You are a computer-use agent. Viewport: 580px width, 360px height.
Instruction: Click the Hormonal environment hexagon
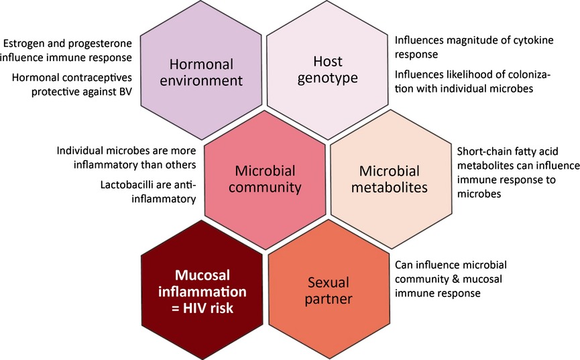click(x=201, y=70)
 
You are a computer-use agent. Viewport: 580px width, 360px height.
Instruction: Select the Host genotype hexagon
click(x=327, y=70)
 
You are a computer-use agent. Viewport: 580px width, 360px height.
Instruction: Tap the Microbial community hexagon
click(x=265, y=180)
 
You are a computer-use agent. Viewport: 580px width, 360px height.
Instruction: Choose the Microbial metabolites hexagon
click(x=391, y=180)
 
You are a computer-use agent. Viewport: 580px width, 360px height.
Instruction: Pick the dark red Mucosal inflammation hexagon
click(x=202, y=290)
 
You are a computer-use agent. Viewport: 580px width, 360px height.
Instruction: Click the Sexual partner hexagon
click(x=329, y=290)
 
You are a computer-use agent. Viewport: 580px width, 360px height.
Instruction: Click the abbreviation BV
click(x=125, y=91)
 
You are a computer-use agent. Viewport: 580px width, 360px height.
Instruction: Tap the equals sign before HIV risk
click(x=176, y=308)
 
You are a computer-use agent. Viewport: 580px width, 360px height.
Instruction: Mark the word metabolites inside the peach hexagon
click(x=390, y=187)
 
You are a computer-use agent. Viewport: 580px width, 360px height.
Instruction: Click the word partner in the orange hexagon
click(x=329, y=299)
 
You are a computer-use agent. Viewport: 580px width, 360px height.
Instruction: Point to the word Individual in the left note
click(x=80, y=151)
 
